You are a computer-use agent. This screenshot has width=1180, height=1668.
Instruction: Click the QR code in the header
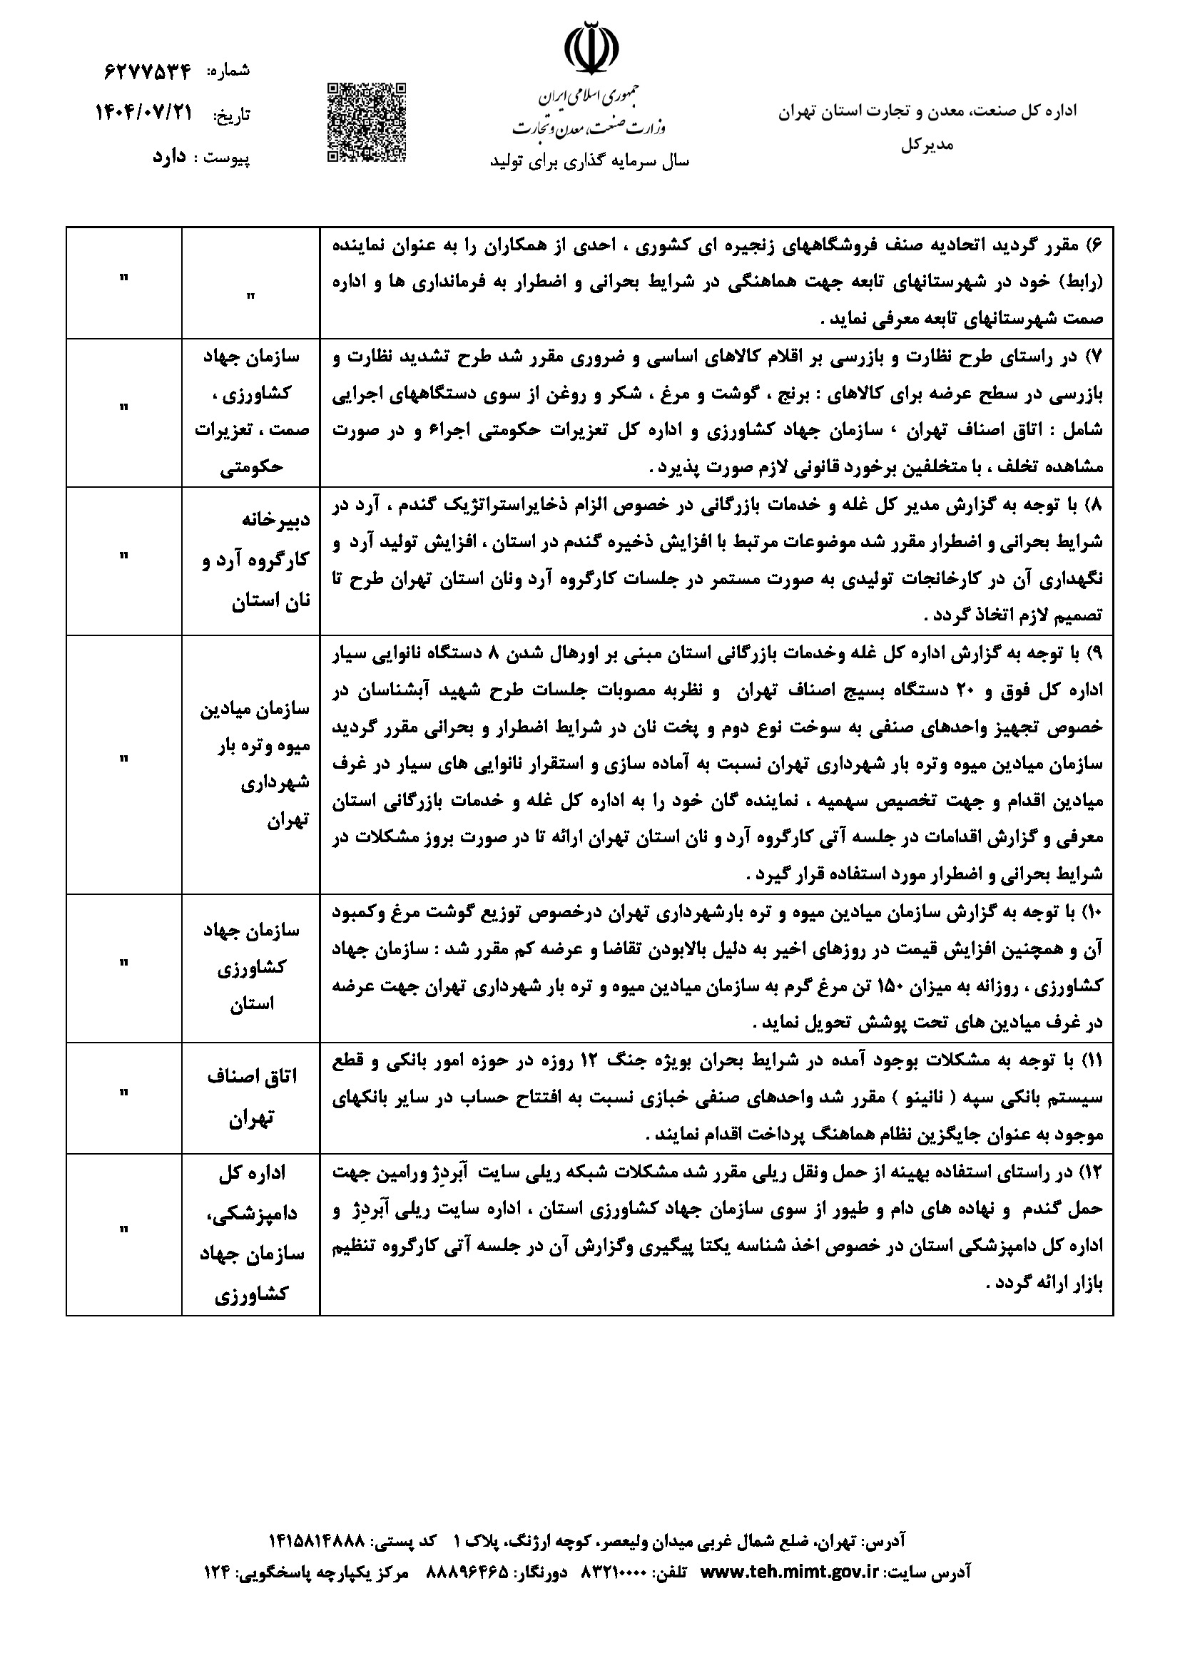pyautogui.click(x=365, y=122)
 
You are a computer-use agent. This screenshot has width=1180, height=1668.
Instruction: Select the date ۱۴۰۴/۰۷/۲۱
pyautogui.click(x=145, y=113)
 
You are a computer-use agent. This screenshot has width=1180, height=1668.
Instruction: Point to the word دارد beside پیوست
pyautogui.click(x=169, y=158)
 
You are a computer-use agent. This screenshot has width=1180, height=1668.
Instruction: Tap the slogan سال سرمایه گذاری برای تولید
pyautogui.click(x=589, y=161)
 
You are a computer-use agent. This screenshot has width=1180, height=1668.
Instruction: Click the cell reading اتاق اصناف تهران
pyautogui.click(x=250, y=1098)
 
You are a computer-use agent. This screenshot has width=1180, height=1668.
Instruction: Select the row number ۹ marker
pyautogui.click(x=1094, y=654)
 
